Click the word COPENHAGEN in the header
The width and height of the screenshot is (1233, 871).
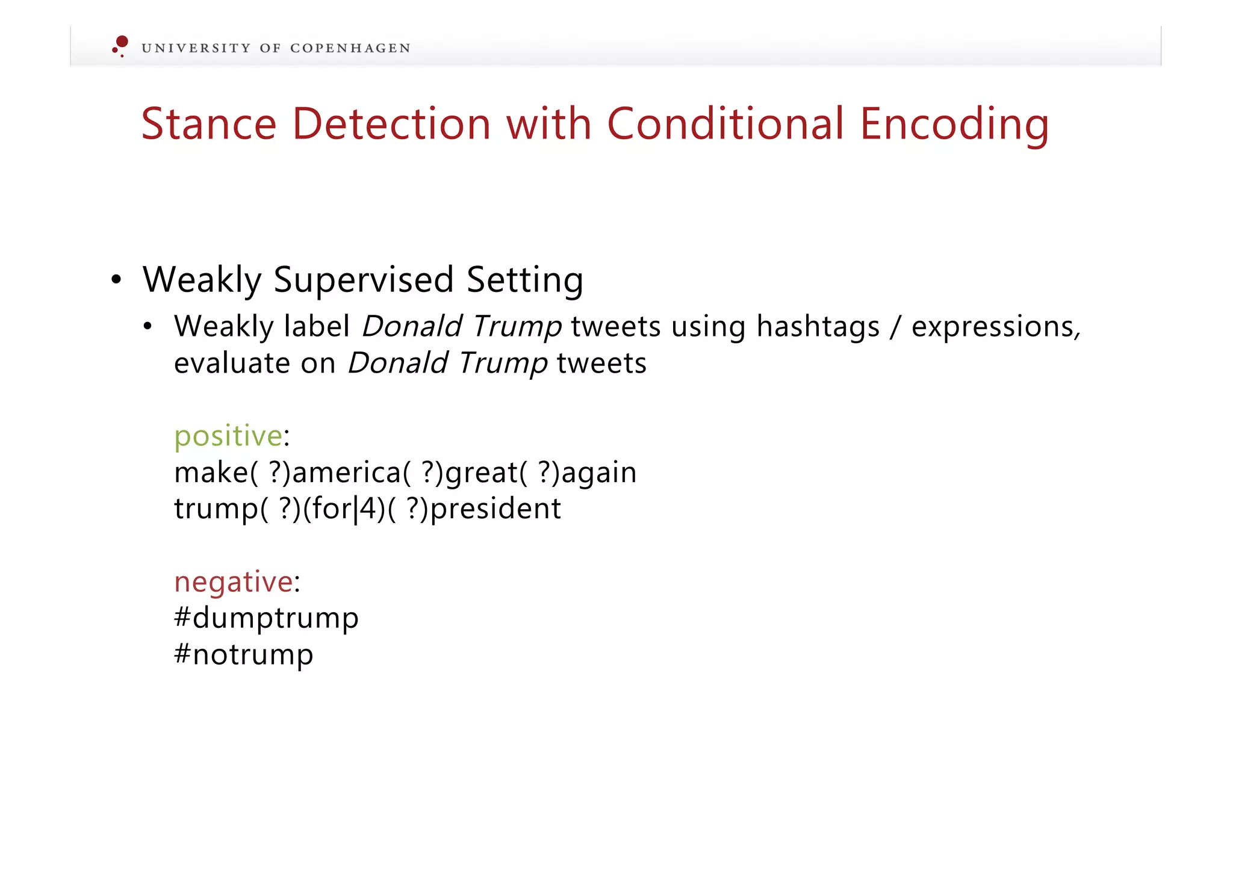point(350,48)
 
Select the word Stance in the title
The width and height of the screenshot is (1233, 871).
point(208,124)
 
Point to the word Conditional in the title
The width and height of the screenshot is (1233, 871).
point(725,124)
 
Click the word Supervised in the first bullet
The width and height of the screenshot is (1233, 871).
point(363,281)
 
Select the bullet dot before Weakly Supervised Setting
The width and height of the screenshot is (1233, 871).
point(116,280)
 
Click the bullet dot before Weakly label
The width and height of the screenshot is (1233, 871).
point(148,327)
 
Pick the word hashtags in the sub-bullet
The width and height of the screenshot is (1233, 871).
point(818,327)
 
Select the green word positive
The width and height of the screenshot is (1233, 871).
point(228,436)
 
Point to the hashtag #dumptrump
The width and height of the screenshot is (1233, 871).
point(266,618)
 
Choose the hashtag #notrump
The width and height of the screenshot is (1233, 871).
point(243,654)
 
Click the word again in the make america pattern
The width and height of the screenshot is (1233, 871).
point(598,473)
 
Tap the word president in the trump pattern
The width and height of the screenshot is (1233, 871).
point(495,509)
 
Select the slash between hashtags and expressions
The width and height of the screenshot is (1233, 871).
point(896,327)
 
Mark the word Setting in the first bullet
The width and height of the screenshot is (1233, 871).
point(524,281)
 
